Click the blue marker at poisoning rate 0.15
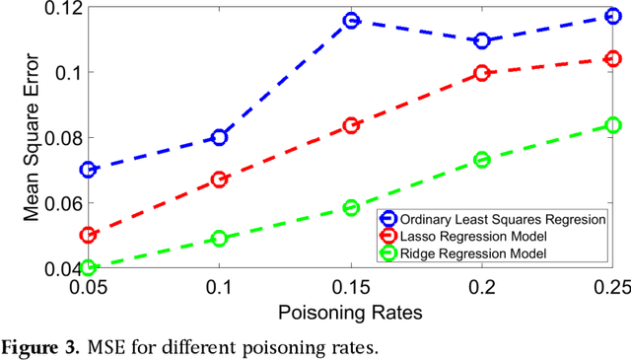click(x=351, y=21)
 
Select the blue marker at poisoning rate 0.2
click(x=482, y=40)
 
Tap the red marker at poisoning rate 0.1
click(x=220, y=180)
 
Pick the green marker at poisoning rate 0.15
click(x=351, y=207)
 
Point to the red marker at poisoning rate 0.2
click(x=482, y=73)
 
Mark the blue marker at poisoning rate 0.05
click(x=89, y=170)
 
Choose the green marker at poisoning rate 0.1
click(x=220, y=239)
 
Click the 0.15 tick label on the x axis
click(x=351, y=286)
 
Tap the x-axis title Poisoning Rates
click(x=351, y=312)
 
